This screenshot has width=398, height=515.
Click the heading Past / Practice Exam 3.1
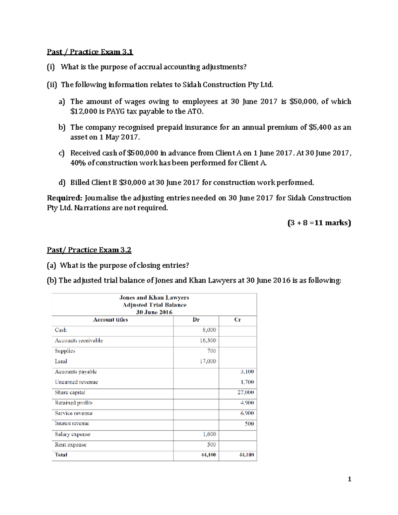[x=90, y=52]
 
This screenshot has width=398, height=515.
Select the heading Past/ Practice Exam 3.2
[x=89, y=250]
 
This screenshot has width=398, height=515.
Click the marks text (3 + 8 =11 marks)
[x=319, y=223]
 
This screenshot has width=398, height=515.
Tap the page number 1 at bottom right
[x=349, y=479]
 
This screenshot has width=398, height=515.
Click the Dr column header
[x=196, y=320]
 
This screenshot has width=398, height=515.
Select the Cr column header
[x=237, y=320]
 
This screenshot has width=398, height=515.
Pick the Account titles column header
[x=110, y=320]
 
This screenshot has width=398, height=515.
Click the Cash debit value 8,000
[x=209, y=330]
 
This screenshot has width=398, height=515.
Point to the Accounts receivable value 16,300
[x=208, y=340]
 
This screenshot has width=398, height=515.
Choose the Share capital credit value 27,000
[x=246, y=392]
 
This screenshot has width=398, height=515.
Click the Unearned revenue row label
[x=76, y=382]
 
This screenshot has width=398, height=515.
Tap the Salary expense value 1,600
[x=209, y=434]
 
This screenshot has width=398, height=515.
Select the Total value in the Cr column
[x=246, y=455]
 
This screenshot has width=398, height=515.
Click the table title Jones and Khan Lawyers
[x=154, y=297]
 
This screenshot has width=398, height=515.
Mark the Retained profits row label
[x=74, y=403]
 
